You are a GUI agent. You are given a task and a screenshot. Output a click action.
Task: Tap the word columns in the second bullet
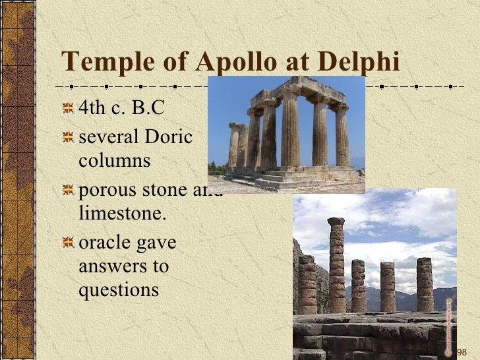tap(114, 160)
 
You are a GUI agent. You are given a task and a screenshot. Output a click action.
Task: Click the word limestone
tap(123, 214)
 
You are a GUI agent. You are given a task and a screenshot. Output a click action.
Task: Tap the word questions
tap(119, 289)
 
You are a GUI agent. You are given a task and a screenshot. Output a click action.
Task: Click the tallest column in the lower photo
tap(336, 264)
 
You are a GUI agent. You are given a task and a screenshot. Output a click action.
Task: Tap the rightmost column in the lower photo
tap(425, 284)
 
